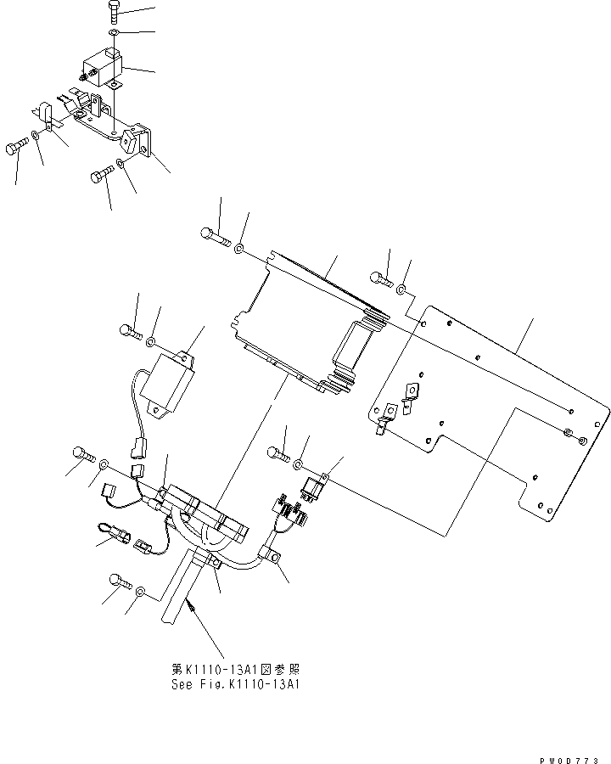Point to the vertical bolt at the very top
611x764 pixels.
coord(115,13)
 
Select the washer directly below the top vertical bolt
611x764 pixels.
coord(115,33)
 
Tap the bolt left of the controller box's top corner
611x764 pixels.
coord(216,237)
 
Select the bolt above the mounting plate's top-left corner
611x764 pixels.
coord(380,278)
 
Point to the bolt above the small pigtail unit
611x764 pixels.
coord(130,330)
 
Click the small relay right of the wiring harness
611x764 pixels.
coord(313,489)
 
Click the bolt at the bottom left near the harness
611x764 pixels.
coord(119,581)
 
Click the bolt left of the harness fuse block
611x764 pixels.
coord(83,453)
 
